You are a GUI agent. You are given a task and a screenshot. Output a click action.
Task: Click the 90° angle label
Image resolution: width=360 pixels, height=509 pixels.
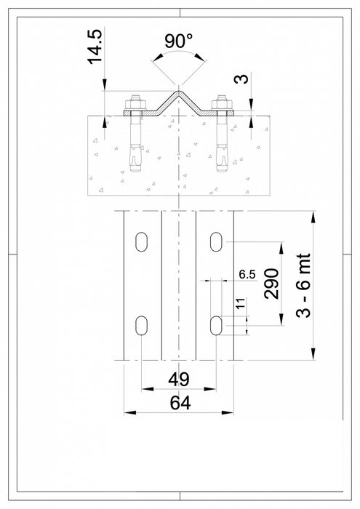tap(178, 41)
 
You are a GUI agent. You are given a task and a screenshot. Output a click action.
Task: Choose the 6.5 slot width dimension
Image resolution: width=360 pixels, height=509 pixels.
tap(247, 275)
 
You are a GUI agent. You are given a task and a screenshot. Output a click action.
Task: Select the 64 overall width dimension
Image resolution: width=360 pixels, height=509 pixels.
tap(178, 402)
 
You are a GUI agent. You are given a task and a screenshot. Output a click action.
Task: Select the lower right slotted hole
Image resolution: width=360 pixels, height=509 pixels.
tap(217, 325)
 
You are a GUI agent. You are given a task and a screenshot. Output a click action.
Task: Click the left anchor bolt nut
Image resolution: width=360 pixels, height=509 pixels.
tap(135, 103)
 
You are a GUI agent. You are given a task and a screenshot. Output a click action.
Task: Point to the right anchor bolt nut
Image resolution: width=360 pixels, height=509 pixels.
tap(222, 103)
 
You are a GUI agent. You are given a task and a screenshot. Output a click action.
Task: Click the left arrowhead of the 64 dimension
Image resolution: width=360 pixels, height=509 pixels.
tap(127, 412)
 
